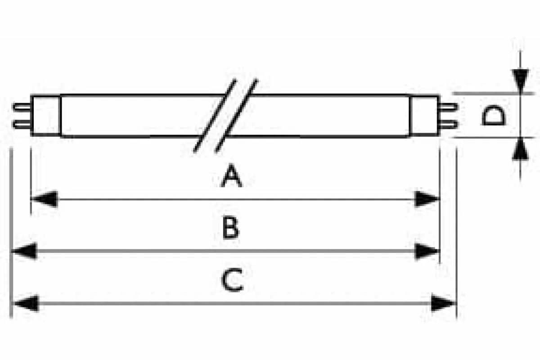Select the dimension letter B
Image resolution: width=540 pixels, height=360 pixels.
pyautogui.click(x=231, y=228)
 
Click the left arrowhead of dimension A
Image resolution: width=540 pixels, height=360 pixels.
pyautogui.click(x=45, y=199)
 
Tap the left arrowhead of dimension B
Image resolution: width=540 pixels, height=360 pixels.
pyautogui.click(x=25, y=251)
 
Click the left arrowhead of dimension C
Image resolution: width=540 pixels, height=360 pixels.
pyautogui.click(x=25, y=303)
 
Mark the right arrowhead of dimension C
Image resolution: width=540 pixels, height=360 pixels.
pyautogui.click(x=443, y=303)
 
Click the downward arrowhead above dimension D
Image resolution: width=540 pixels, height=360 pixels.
pyautogui.click(x=521, y=81)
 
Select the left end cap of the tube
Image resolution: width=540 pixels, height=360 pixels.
pyautogui.click(x=46, y=115)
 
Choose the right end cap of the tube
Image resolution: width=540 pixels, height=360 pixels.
pyautogui.click(x=424, y=115)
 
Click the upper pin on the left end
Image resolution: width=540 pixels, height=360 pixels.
pyautogui.click(x=22, y=107)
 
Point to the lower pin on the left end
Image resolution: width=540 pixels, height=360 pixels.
pyautogui.click(x=22, y=124)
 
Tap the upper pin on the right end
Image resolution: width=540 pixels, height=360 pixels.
pyautogui.click(x=448, y=107)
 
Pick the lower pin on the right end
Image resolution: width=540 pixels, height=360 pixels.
pyautogui.click(x=448, y=123)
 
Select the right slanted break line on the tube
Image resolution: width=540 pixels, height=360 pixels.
pyautogui.click(x=236, y=116)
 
